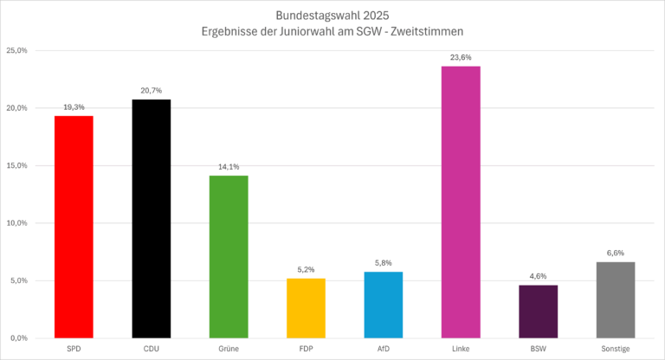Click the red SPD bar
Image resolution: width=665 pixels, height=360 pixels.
tap(74, 227)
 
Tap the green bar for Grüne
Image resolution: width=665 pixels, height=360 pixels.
tap(229, 256)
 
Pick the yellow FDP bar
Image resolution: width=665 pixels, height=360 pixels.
tap(306, 307)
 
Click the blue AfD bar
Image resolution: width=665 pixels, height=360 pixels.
tap(384, 305)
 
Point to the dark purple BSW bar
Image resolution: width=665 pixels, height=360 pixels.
tap(539, 311)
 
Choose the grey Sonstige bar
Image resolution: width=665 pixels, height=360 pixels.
tap(616, 299)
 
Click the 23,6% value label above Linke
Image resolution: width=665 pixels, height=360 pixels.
tap(461, 57)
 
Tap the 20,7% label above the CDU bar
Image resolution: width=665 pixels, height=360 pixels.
tap(151, 90)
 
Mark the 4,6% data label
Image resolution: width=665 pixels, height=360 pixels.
tap(539, 275)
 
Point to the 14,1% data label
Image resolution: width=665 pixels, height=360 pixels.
tap(229, 166)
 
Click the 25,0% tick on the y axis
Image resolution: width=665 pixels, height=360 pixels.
tap(17, 50)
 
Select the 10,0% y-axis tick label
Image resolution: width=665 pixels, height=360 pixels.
tap(17, 222)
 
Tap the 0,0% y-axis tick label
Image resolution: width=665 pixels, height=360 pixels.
tap(19, 337)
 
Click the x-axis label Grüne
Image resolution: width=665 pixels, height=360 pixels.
tap(229, 349)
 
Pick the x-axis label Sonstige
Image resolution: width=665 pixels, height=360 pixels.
tap(616, 349)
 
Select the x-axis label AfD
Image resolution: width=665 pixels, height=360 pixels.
tap(384, 349)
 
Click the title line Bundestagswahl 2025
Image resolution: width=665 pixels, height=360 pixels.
tap(332, 15)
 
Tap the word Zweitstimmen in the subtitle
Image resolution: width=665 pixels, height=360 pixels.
tap(426, 31)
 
